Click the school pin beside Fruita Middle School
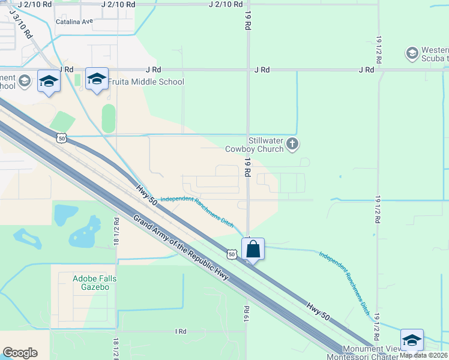[x=97, y=80]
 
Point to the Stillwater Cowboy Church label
[x=254, y=145]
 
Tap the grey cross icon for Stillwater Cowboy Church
[x=292, y=143]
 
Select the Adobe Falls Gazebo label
[x=94, y=283]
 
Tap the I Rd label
[x=181, y=331]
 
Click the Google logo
[x=20, y=353]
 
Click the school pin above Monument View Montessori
[x=412, y=340]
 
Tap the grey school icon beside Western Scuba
[x=412, y=53]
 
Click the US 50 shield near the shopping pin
[x=232, y=254]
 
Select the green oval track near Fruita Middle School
[x=108, y=118]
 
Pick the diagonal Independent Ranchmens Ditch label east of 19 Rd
[x=345, y=275]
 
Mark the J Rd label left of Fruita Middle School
[x=65, y=70]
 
